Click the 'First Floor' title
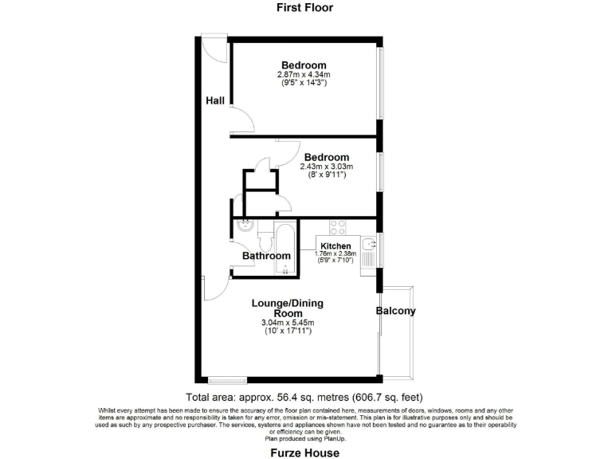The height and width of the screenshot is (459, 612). click(x=304, y=8)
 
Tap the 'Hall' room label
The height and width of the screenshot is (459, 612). click(x=215, y=100)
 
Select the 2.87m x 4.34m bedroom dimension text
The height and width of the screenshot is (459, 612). click(x=303, y=74)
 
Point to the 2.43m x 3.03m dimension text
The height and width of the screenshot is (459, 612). click(x=326, y=167)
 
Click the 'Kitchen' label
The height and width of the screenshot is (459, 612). click(x=335, y=245)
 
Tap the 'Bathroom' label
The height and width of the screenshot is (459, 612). click(x=266, y=256)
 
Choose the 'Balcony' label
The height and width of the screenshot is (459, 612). click(x=396, y=312)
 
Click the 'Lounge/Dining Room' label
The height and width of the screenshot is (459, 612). click(x=288, y=308)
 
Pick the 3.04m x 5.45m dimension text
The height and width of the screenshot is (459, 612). click(x=288, y=323)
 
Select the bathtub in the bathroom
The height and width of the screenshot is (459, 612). click(x=284, y=248)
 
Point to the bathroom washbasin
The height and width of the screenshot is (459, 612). click(x=245, y=226)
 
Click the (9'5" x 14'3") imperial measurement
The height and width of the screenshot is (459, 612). click(x=304, y=82)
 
